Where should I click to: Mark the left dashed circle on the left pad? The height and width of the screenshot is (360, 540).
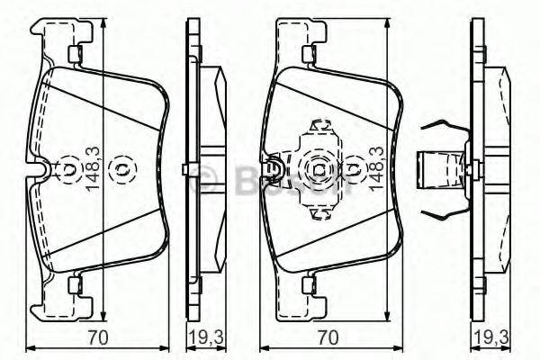click(x=68, y=168)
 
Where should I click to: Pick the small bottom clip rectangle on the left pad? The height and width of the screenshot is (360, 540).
click(x=76, y=286)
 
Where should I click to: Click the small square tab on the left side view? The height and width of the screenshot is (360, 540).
click(x=184, y=168)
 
